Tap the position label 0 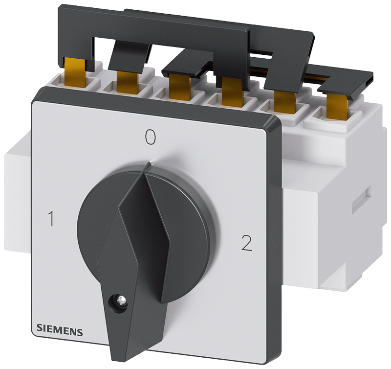pyautogui.click(x=151, y=137)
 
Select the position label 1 pyautogui.click(x=51, y=219)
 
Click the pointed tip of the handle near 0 pyautogui.click(x=151, y=162)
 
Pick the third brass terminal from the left pyautogui.click(x=178, y=85)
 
